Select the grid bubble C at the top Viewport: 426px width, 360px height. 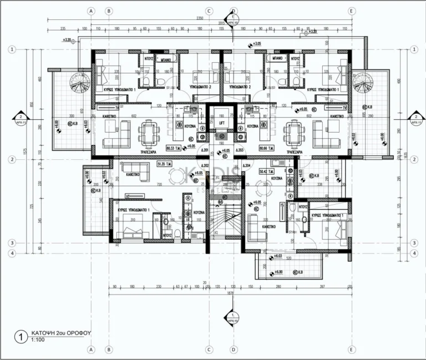(209, 11)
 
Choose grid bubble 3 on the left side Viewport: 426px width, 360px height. (11, 243)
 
